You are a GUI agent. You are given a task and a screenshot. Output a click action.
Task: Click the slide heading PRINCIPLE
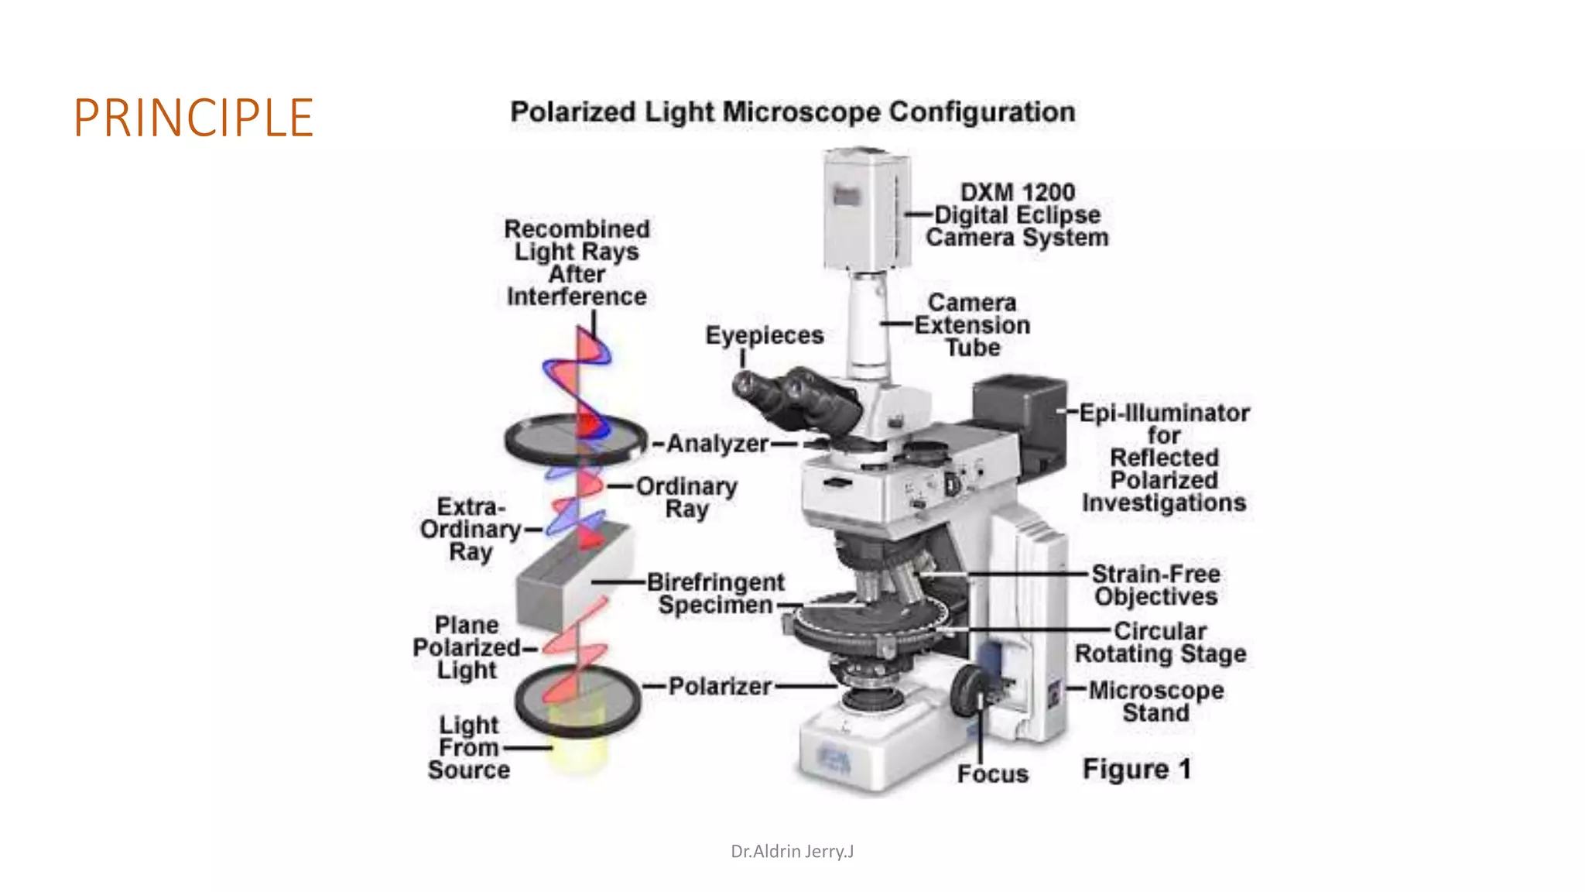[x=193, y=118]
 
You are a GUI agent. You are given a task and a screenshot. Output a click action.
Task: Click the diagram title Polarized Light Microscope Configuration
[x=792, y=112]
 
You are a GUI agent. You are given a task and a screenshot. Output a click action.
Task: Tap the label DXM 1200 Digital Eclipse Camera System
[x=1017, y=214]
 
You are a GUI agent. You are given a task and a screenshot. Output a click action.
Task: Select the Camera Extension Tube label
[x=972, y=325]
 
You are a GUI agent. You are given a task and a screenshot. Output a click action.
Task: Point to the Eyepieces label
[x=764, y=335]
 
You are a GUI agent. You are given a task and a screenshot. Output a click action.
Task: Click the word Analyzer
[x=717, y=444]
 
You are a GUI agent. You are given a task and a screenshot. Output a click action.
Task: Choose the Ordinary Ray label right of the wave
[x=686, y=497]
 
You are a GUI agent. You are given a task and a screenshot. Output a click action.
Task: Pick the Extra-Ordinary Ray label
[x=470, y=529]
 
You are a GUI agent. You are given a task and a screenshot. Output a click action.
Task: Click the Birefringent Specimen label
[x=715, y=593]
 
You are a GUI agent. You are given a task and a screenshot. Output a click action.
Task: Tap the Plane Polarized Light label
[x=467, y=647]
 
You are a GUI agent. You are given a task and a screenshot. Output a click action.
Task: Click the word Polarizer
[x=720, y=686]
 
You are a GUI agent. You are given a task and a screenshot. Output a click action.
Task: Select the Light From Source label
[x=469, y=747]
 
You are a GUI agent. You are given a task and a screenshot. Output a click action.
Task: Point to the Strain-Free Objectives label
[x=1155, y=585]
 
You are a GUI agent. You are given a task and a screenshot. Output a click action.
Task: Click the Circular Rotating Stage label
[x=1160, y=642]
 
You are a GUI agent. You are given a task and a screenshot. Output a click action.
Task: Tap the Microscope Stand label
[x=1156, y=701]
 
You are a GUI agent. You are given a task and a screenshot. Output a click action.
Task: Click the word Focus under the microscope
[x=992, y=774]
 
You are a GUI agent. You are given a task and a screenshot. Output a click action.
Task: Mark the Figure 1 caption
[x=1136, y=769]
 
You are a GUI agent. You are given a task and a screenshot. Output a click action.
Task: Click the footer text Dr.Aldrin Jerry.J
[x=792, y=852]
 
